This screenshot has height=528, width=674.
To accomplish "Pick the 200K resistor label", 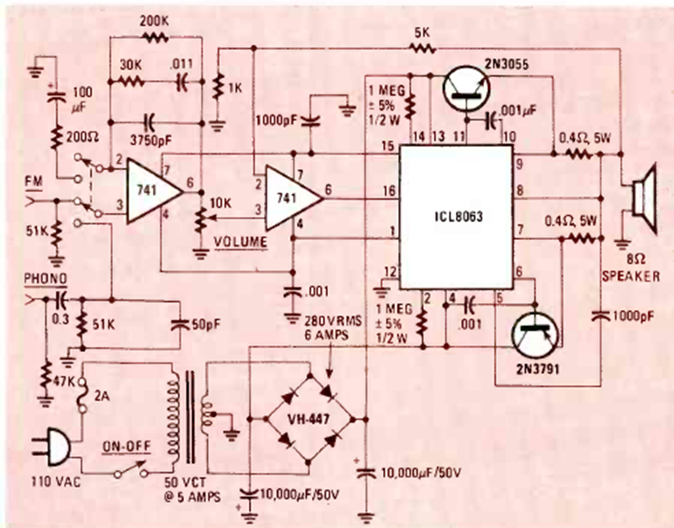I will [155, 19].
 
